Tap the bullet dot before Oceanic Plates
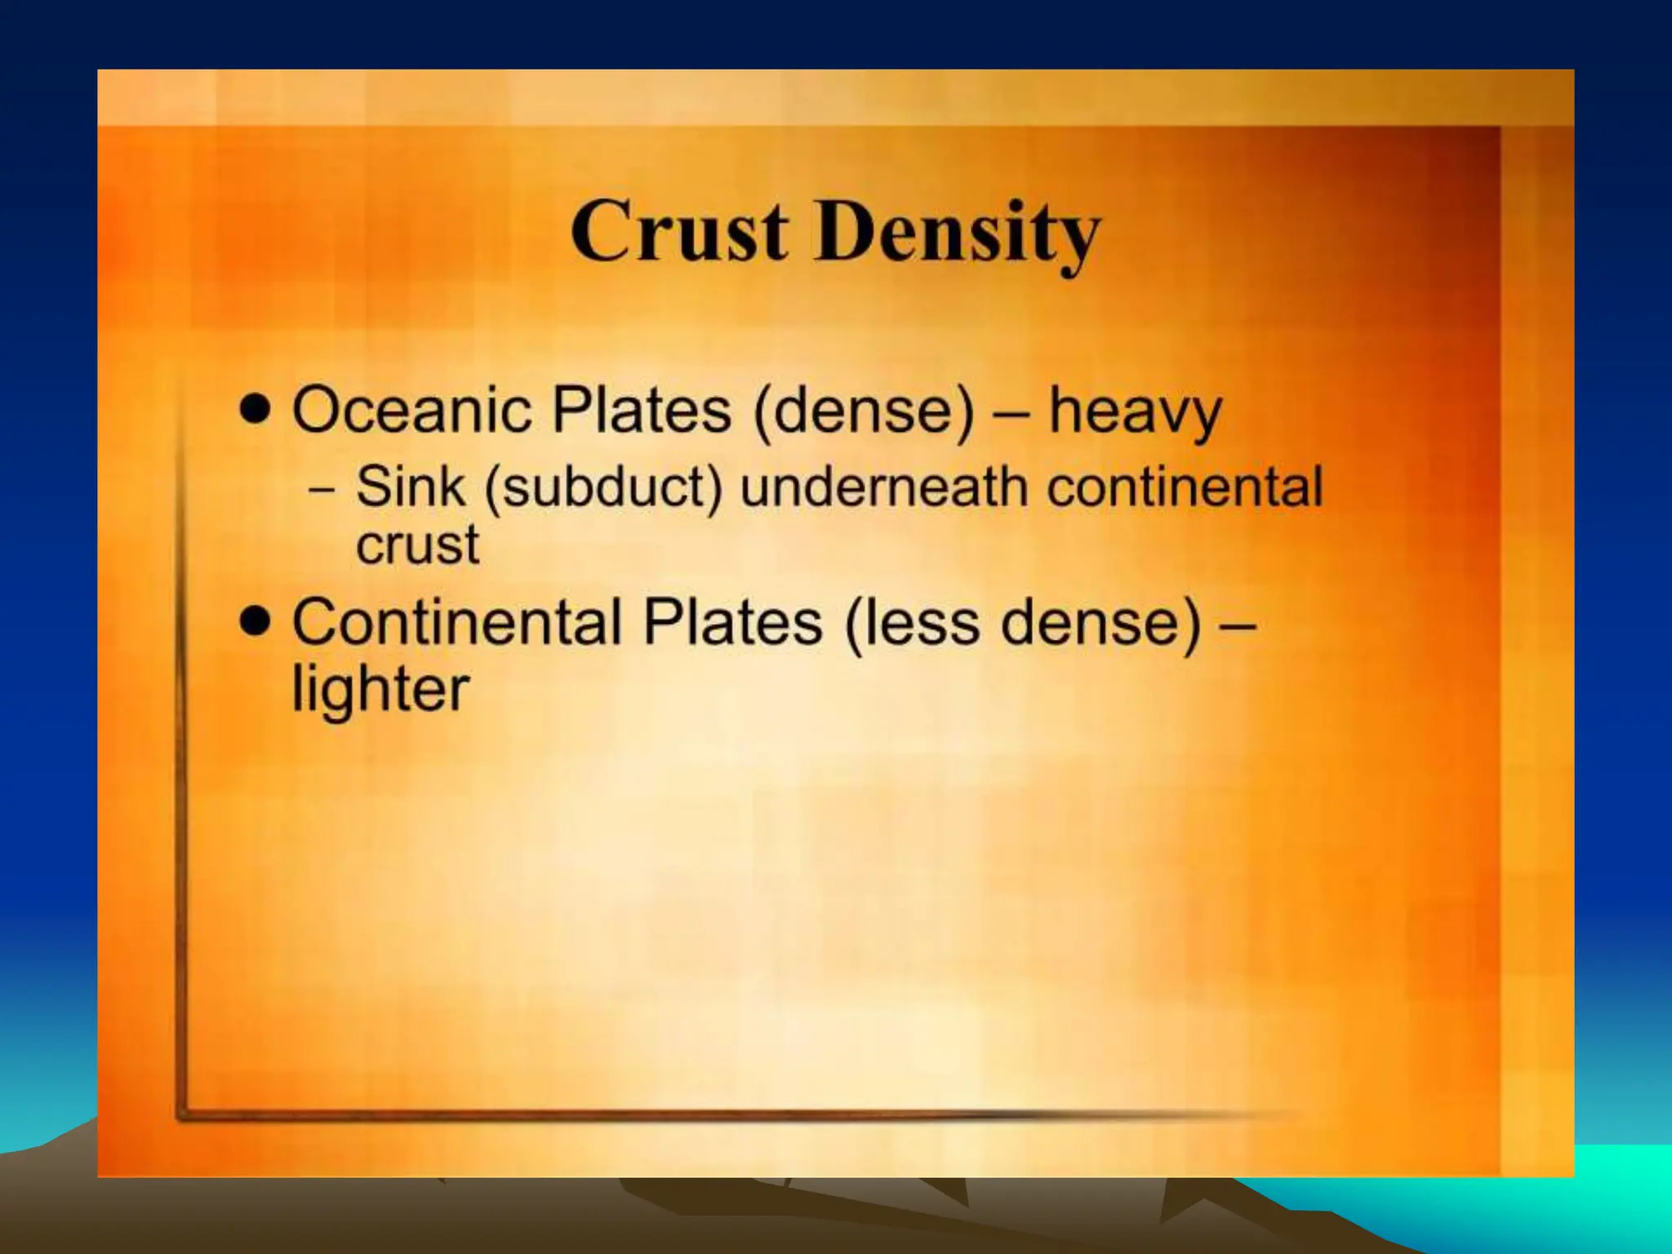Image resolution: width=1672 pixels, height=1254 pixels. (x=256, y=408)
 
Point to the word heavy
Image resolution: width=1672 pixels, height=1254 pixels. (x=1135, y=412)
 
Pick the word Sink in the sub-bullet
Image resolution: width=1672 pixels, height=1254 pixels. (x=411, y=487)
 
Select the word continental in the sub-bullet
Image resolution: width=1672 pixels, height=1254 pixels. (x=1185, y=487)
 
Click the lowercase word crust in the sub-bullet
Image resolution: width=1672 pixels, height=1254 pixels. (x=417, y=545)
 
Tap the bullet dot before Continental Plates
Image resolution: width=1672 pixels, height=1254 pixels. (x=256, y=621)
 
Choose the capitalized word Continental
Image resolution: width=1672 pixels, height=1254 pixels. (x=457, y=622)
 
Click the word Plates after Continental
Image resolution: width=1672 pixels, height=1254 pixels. (x=732, y=622)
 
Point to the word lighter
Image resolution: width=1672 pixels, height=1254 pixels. (x=380, y=691)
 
